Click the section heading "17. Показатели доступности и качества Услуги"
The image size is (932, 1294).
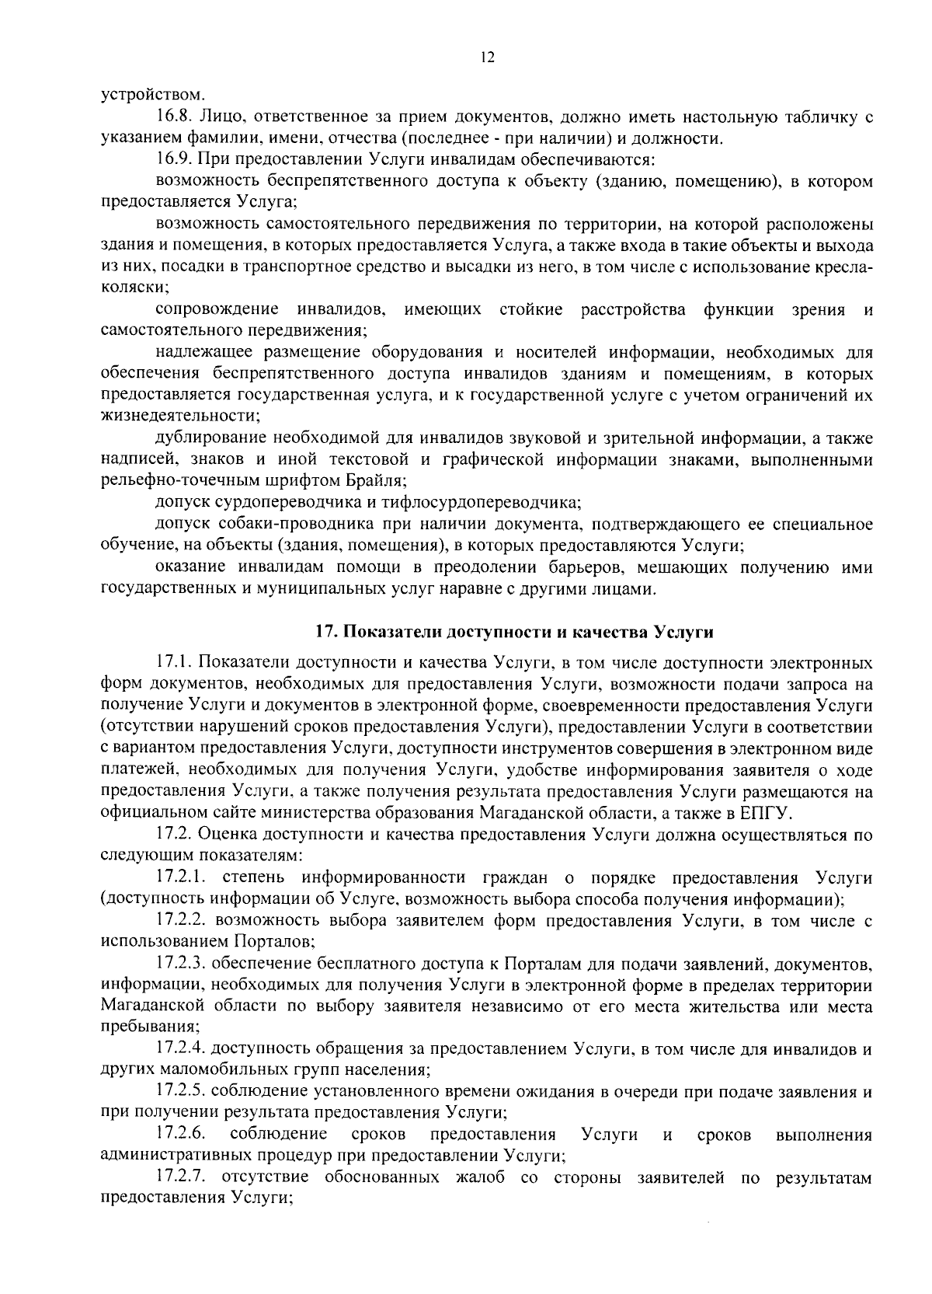pyautogui.click(x=513, y=632)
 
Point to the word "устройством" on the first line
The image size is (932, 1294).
pyautogui.click(x=153, y=96)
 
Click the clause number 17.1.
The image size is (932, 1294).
pyautogui.click(x=174, y=663)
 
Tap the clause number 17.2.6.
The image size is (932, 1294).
pyautogui.click(x=180, y=1135)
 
